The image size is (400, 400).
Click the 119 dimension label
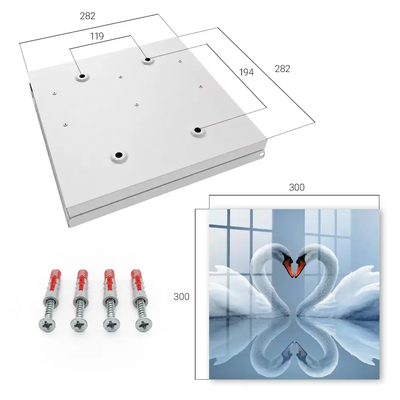(97, 36)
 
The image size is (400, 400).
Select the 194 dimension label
(246, 72)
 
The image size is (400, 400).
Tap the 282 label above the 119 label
(88, 16)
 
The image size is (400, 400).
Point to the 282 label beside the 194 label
(282, 69)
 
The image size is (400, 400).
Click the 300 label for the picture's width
(297, 188)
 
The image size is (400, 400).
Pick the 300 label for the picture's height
(181, 297)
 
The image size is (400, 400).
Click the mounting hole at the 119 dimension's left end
(82, 76)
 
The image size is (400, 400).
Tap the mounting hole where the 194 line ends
(198, 130)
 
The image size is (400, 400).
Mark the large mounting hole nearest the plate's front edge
(119, 155)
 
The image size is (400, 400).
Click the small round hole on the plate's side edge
(262, 154)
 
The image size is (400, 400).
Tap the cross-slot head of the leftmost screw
(47, 325)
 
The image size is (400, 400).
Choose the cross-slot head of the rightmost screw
(144, 325)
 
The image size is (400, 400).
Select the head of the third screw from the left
(112, 325)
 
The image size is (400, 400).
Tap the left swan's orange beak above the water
(289, 266)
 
